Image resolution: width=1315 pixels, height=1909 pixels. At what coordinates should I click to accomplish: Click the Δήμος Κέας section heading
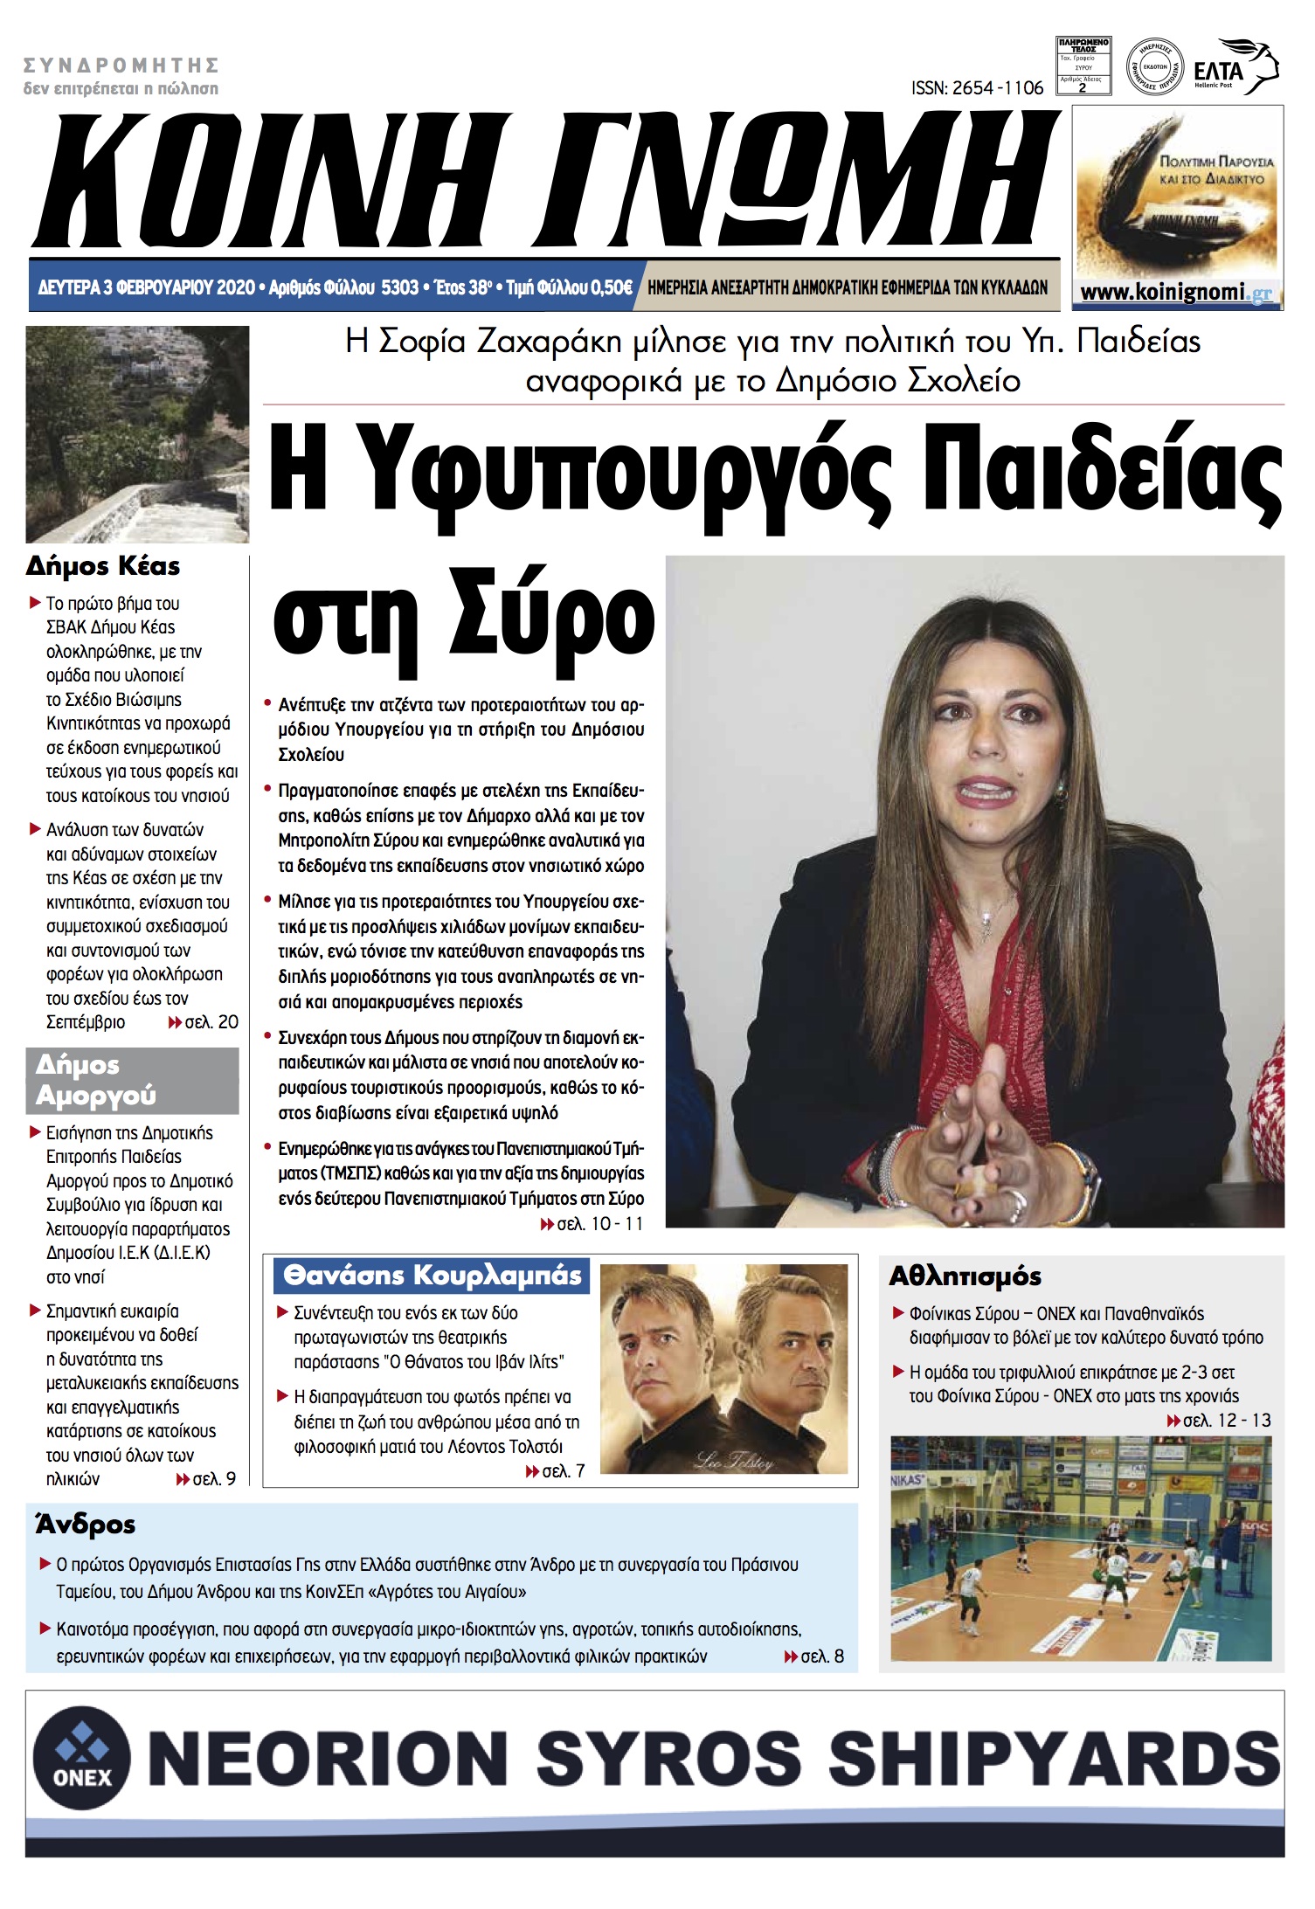click(103, 566)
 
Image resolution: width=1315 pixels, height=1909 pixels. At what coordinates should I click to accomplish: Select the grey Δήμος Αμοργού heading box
click(132, 1080)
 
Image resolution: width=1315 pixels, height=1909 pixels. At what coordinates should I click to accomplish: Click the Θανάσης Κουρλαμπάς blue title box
click(432, 1276)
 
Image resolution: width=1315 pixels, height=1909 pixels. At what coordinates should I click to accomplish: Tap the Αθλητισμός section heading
click(965, 1276)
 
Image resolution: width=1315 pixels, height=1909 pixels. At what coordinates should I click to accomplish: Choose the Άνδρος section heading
click(86, 1525)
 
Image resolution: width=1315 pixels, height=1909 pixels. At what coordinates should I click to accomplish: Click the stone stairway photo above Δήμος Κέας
click(137, 433)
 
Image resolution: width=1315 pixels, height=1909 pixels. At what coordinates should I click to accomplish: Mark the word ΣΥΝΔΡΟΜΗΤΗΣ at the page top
click(121, 66)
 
